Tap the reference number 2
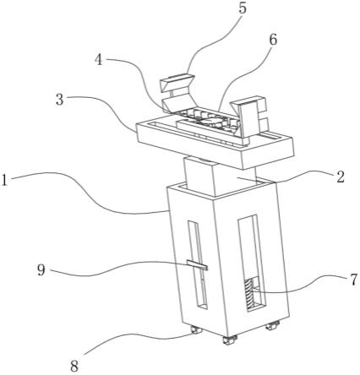pos(340,177)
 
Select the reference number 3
pos(60,100)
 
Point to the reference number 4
pos(99,60)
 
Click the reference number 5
pos(242,8)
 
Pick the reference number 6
pos(273,40)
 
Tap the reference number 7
pos(353,280)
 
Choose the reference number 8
pos(74,367)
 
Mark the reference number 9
pos(41,270)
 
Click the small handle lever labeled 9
pos(197,265)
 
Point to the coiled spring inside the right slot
pos(249,293)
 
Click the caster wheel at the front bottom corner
pos(230,340)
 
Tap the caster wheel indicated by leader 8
pos(196,329)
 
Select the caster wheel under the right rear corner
pos(272,325)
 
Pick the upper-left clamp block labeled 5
pos(177,84)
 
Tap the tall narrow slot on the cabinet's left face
pos(197,264)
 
